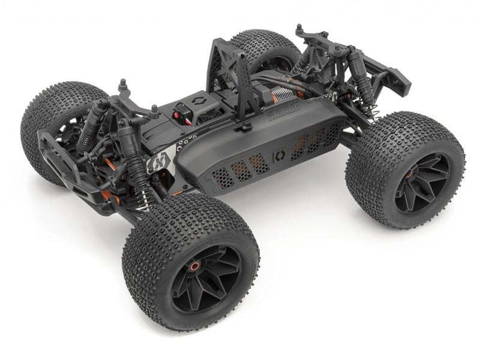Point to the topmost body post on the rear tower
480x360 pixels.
[299, 28]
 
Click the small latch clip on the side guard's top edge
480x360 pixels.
[243, 127]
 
